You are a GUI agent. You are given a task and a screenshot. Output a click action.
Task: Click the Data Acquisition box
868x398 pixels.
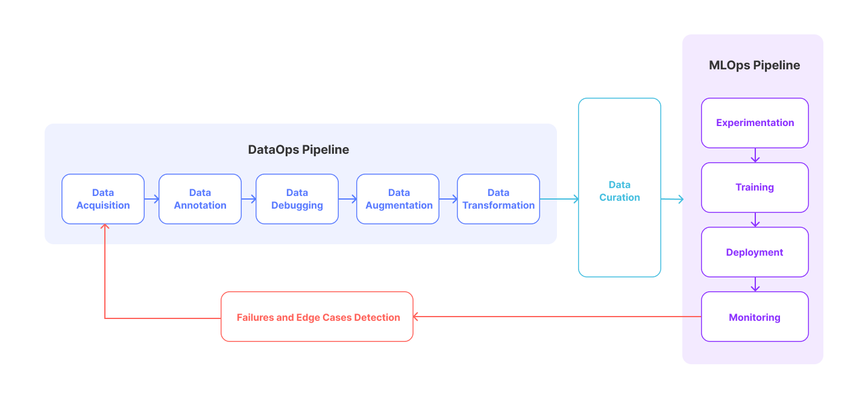tap(103, 199)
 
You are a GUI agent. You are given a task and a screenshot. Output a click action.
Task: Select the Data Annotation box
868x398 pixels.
tap(200, 199)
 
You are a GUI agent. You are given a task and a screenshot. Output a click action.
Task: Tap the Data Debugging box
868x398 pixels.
tap(297, 199)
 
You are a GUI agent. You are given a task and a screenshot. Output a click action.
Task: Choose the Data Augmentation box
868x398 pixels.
tap(398, 199)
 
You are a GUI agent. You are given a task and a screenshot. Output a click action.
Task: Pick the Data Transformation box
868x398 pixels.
tap(498, 199)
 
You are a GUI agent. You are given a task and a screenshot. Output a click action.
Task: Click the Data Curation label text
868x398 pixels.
tap(619, 191)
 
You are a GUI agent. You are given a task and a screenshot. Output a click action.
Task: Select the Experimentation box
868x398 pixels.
tap(755, 123)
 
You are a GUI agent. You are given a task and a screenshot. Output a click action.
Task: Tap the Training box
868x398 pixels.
tap(755, 188)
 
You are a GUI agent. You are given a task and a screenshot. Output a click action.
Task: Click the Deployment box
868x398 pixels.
tap(755, 252)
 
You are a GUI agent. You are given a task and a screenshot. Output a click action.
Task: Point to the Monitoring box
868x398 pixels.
tap(755, 317)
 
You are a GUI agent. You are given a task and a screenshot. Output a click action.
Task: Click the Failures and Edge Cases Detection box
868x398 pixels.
tap(317, 317)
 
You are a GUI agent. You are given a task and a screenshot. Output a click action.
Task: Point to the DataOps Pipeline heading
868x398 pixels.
tap(298, 150)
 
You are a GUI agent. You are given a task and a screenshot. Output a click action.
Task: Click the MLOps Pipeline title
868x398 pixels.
tap(755, 65)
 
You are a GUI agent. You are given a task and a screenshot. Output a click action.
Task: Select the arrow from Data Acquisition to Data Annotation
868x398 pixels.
tap(151, 199)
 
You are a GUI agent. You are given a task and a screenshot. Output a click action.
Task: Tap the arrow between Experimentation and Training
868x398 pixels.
tap(755, 156)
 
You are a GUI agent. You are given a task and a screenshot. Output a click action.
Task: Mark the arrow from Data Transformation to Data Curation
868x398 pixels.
tap(559, 199)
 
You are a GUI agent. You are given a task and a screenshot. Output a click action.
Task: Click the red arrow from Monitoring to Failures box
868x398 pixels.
tap(557, 317)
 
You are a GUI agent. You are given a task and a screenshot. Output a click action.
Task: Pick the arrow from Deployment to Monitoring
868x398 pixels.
tap(755, 285)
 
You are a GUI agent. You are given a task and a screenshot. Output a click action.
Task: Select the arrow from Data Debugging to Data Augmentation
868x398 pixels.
tap(348, 199)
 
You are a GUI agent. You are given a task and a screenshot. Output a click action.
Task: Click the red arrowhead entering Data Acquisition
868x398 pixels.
tap(105, 226)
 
